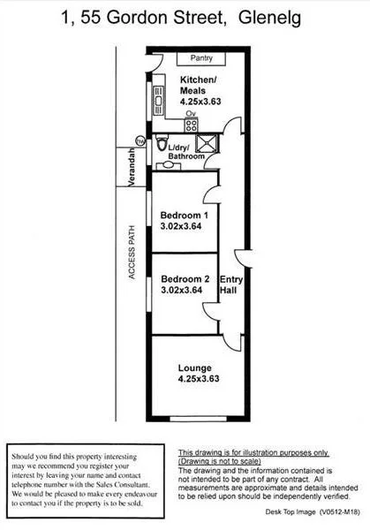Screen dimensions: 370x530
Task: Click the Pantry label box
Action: (x=201, y=58)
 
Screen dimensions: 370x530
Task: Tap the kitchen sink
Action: (x=158, y=101)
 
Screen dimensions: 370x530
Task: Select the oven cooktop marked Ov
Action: (x=191, y=125)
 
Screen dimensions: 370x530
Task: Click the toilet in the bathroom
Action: (x=162, y=142)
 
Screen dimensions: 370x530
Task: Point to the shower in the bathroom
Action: (x=207, y=144)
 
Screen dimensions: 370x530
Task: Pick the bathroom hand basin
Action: (x=169, y=166)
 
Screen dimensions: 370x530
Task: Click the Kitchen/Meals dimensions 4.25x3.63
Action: (x=200, y=102)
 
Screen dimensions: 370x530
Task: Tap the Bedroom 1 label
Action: (x=185, y=216)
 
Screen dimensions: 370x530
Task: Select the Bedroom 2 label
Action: (x=185, y=279)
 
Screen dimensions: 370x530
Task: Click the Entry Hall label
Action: (x=231, y=284)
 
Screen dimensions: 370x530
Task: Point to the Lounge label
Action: (x=195, y=368)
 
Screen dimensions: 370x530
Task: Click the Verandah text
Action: (x=132, y=167)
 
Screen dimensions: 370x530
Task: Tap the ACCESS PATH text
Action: (x=132, y=253)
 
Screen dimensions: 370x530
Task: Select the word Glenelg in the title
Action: (x=269, y=18)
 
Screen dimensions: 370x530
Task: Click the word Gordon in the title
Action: (x=135, y=17)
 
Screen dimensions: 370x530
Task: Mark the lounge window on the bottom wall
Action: (x=198, y=419)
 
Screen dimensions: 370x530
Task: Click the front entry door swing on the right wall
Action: (x=242, y=259)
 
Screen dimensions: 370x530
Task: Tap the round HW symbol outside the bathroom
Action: (x=140, y=141)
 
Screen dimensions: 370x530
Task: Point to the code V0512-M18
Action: (x=340, y=512)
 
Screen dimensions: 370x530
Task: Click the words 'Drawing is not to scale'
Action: (x=220, y=461)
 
